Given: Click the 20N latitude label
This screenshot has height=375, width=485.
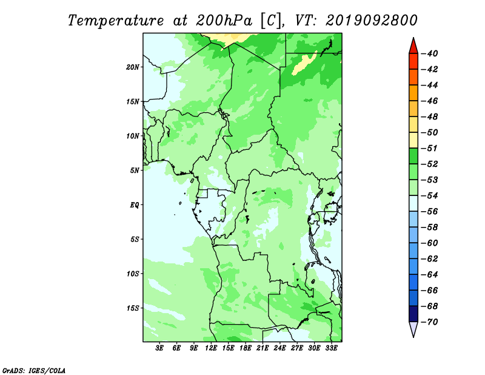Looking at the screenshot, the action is pyautogui.click(x=133, y=67).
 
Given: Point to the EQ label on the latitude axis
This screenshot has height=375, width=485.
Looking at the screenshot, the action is pyautogui.click(x=135, y=204).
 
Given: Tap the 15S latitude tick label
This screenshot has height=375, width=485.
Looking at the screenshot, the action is pyautogui.click(x=133, y=308).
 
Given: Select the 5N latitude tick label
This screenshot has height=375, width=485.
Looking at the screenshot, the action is pyautogui.click(x=135, y=171).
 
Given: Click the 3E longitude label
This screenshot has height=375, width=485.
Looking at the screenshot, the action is pyautogui.click(x=159, y=348).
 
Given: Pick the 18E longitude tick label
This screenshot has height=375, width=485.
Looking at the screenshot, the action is pyautogui.click(x=246, y=348).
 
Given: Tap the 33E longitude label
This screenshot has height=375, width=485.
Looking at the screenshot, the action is pyautogui.click(x=331, y=348).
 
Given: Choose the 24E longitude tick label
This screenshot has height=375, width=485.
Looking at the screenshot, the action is pyautogui.click(x=279, y=348).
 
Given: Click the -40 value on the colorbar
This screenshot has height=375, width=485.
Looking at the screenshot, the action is pyautogui.click(x=430, y=53).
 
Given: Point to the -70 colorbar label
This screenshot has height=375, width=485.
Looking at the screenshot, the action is pyautogui.click(x=430, y=322).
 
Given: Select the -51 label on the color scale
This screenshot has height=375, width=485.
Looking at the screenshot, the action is pyautogui.click(x=430, y=148).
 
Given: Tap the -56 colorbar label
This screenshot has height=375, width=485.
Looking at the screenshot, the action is pyautogui.click(x=430, y=212).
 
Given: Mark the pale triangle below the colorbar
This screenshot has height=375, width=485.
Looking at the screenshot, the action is pyautogui.click(x=413, y=328).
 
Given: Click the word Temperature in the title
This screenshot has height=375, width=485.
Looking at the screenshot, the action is pyautogui.click(x=116, y=21).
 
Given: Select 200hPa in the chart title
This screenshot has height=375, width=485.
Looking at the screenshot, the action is pyautogui.click(x=224, y=21).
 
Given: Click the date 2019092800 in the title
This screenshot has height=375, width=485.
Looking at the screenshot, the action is pyautogui.click(x=372, y=21).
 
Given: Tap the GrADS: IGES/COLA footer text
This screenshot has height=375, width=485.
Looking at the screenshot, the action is pyautogui.click(x=34, y=371).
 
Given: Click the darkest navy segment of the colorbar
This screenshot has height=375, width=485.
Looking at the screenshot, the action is pyautogui.click(x=413, y=314).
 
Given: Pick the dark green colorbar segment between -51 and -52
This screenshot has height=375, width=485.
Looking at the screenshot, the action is pyautogui.click(x=413, y=156).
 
